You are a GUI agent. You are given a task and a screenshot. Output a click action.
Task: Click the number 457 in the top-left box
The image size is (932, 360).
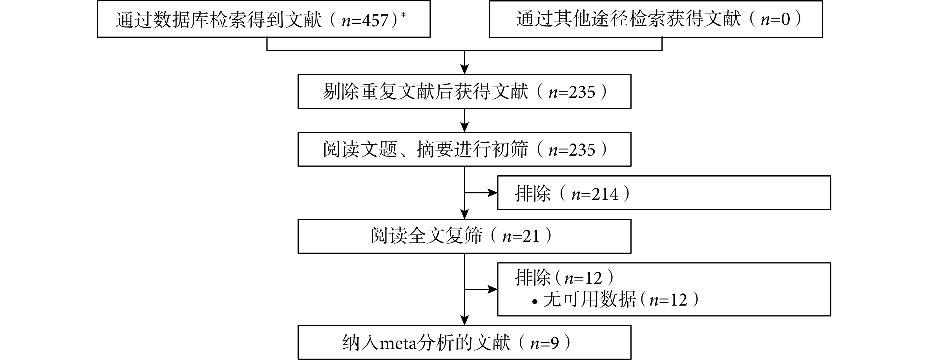point(375,21)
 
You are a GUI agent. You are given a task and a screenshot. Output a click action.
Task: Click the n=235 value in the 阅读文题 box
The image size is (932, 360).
point(572,150)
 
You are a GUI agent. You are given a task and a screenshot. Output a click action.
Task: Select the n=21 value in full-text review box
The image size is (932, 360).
point(521,237)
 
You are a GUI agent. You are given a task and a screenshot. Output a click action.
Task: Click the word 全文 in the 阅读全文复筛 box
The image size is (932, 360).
point(426,236)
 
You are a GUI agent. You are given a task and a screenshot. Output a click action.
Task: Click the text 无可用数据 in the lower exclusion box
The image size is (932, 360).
point(589,300)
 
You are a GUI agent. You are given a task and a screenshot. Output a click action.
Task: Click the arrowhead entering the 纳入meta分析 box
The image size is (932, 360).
point(464,320)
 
